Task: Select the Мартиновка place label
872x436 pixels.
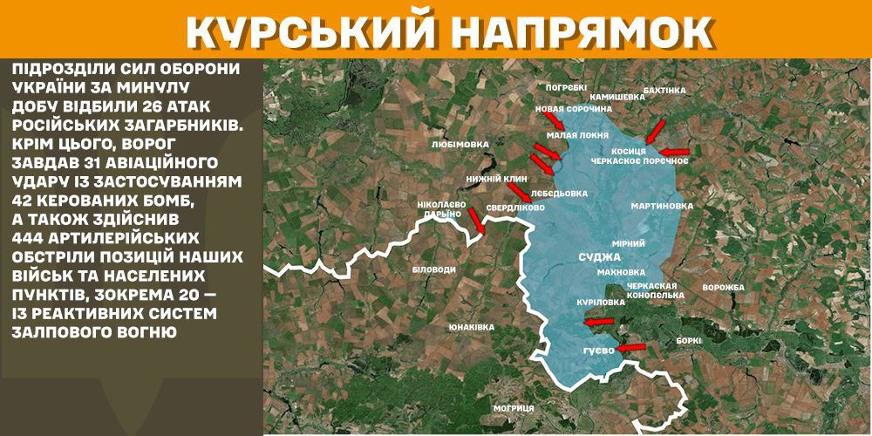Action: [x=662, y=207]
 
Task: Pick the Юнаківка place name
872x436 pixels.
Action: [x=471, y=326]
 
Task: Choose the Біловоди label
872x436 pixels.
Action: [x=433, y=269]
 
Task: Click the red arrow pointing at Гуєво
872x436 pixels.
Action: [x=630, y=347]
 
